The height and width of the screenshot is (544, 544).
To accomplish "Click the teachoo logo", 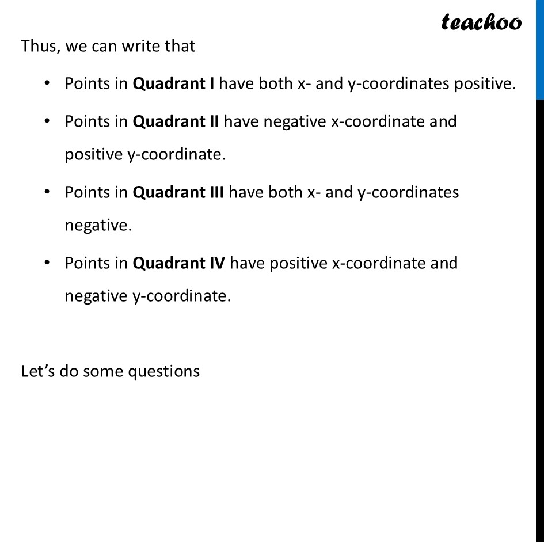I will pos(481,22).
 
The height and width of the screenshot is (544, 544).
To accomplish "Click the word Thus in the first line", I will pos(40,46).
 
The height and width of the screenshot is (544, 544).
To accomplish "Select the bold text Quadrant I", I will pos(174,84).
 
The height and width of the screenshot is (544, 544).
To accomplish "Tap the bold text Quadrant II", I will pos(176,122).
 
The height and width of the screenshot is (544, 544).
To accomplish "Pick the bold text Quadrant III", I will pos(178,192).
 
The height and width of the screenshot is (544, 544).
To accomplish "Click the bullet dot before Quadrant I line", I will pos(45,84).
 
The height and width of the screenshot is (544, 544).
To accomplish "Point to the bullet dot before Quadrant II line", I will pos(45,122).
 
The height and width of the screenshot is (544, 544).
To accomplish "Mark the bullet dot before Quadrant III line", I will pos(45,192).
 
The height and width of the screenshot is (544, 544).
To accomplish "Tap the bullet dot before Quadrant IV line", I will pos(45,263).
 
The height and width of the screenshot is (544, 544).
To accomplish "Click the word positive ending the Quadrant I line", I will pos(483,84).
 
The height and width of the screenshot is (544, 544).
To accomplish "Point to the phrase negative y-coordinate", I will pos(147,296).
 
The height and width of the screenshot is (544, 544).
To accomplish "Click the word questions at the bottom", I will pos(163,371).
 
